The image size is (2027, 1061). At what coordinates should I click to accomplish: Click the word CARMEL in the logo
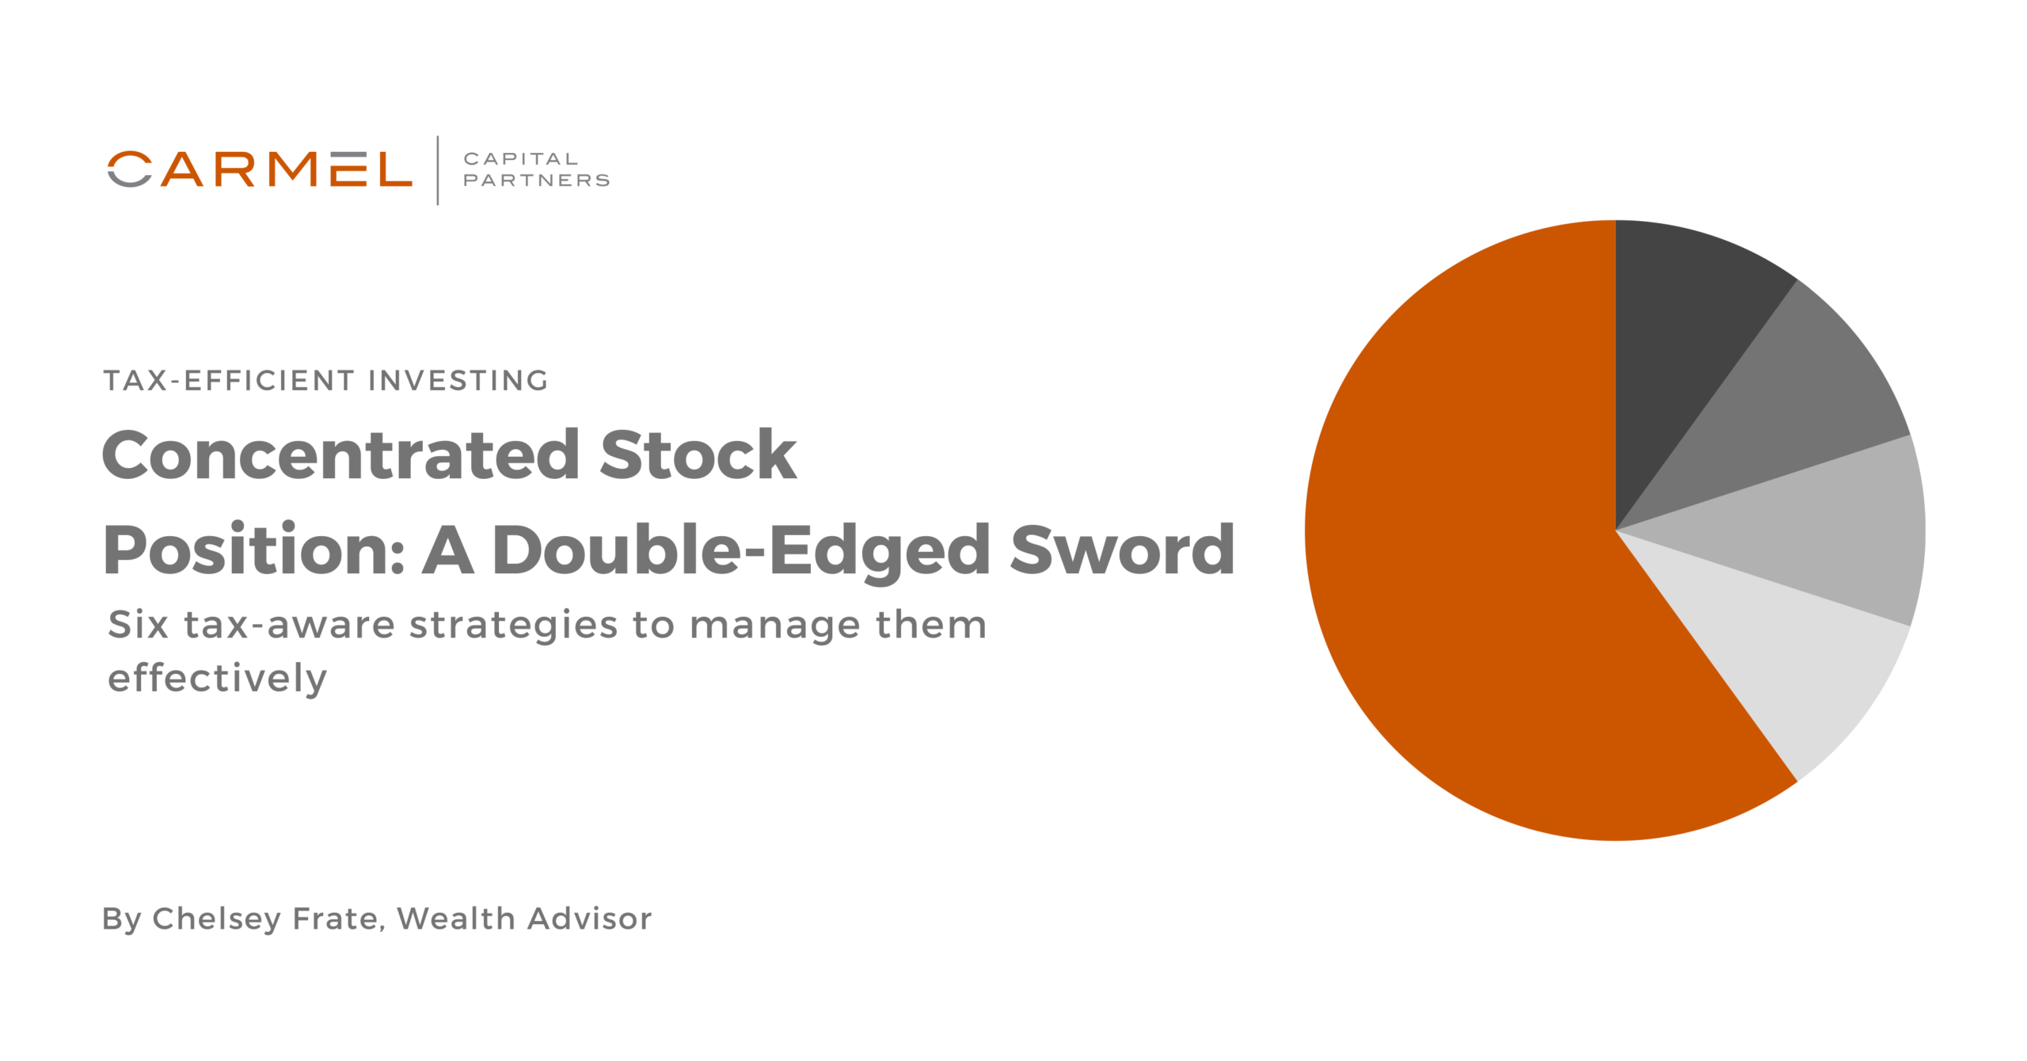pyautogui.click(x=260, y=169)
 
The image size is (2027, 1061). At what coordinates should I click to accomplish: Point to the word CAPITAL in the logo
pyautogui.click(x=521, y=159)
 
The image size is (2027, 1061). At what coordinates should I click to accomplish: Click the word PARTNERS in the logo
pyautogui.click(x=536, y=181)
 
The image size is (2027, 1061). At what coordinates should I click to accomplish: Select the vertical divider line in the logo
pyautogui.click(x=438, y=170)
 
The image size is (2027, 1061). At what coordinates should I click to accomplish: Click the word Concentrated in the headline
pyautogui.click(x=340, y=455)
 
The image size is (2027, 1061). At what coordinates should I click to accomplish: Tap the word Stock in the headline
pyautogui.click(x=698, y=455)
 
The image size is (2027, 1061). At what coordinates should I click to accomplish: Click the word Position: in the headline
pyautogui.click(x=253, y=550)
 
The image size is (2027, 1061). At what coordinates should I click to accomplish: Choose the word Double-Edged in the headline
pyautogui.click(x=740, y=550)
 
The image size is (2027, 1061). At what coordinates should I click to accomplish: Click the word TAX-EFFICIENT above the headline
pyautogui.click(x=229, y=381)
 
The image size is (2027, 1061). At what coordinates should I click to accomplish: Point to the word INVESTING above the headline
pyautogui.click(x=458, y=381)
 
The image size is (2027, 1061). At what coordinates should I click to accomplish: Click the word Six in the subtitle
pyautogui.click(x=139, y=625)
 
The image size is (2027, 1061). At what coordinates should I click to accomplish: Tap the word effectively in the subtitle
pyautogui.click(x=217, y=679)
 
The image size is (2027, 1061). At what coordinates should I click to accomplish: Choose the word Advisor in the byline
pyautogui.click(x=590, y=919)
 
